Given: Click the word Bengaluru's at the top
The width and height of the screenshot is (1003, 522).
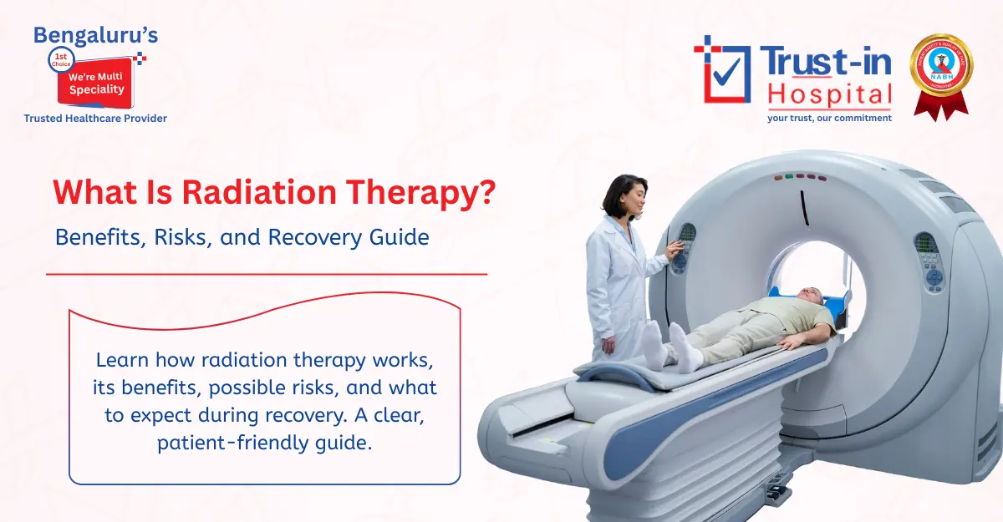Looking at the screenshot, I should point(95,35).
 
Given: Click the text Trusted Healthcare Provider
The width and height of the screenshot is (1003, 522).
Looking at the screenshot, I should point(95,119).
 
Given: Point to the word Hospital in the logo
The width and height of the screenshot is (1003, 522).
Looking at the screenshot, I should point(829,94).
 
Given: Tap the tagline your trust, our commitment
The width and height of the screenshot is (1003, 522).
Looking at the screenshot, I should point(829,118).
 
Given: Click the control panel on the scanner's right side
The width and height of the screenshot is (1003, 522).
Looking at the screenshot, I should point(929,259).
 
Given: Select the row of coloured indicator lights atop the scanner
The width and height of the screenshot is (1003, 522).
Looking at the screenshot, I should point(799,177).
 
